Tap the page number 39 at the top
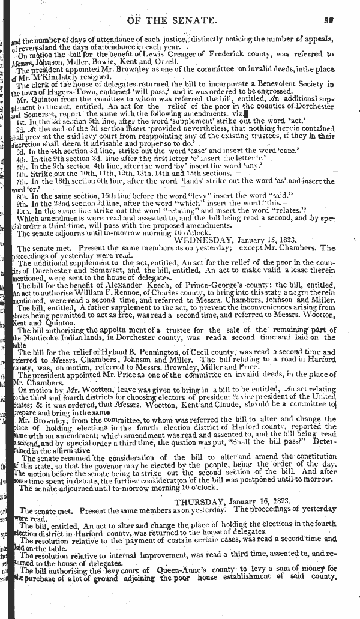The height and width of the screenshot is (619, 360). pos(328,20)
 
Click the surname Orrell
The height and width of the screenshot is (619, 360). pos(151,68)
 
